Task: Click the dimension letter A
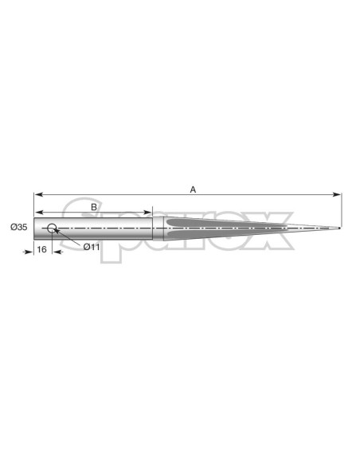[x=193, y=190]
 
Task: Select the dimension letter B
[x=94, y=207]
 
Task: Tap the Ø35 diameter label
[x=18, y=227]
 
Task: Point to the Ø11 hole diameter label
[x=92, y=247]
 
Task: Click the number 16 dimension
[x=41, y=249]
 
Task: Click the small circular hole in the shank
[x=52, y=228]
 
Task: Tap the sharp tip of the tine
[x=339, y=228]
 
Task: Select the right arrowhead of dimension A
[x=337, y=194]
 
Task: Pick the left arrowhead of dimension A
[x=39, y=194]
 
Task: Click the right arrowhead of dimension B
[x=147, y=213]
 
